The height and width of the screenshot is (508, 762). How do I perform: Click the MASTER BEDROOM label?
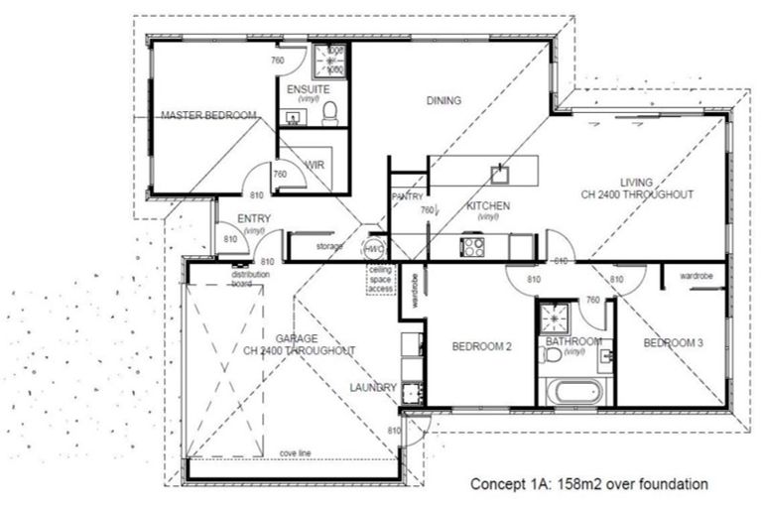(208, 116)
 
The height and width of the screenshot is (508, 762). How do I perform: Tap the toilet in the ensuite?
(331, 112)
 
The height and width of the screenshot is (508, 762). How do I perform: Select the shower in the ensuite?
(329, 62)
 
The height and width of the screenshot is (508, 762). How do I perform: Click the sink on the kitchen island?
(500, 175)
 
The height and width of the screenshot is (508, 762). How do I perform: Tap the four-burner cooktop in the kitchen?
(472, 245)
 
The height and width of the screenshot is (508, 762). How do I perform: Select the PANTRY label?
(408, 196)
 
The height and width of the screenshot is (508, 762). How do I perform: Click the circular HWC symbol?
(375, 248)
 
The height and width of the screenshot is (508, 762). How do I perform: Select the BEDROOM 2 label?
(481, 346)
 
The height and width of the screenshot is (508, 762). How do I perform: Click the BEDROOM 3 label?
(673, 343)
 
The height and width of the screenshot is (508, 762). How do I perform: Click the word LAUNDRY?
(373, 387)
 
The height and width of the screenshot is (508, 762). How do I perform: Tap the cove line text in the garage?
(296, 452)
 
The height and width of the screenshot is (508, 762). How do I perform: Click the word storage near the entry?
(330, 245)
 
